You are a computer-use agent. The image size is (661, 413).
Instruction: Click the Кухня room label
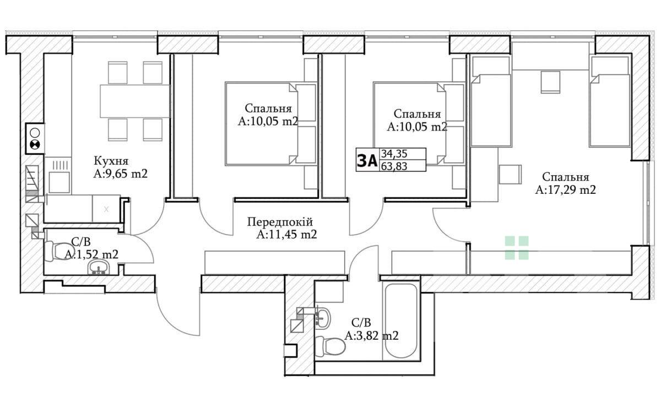coord(111,161)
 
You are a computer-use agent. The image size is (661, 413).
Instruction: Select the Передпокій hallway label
coord(280,222)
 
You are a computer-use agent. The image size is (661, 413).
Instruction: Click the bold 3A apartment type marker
coord(367,160)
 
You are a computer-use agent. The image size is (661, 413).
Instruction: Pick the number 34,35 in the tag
coord(394,154)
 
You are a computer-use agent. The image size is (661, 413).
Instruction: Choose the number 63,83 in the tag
coord(394,166)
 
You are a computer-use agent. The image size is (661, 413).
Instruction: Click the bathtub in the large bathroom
coord(400,320)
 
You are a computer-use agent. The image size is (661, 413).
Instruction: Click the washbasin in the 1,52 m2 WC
coord(99,267)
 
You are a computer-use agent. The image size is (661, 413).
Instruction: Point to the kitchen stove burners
coord(35,139)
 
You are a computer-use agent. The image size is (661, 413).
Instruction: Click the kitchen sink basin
coord(59,183)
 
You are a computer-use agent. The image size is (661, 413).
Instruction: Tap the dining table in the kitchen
coord(135,101)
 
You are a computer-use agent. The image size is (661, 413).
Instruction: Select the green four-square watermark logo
coord(517,248)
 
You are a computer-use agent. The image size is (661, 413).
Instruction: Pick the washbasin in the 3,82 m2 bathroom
coord(323,318)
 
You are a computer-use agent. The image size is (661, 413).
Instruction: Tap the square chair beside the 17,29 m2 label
coord(510,174)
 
